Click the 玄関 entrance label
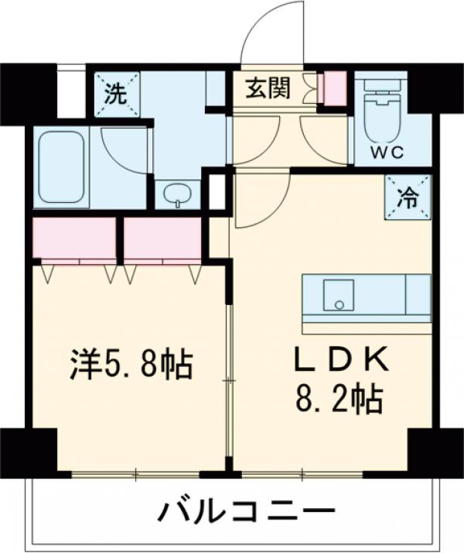pos(268,89)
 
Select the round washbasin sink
pos(179,194)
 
